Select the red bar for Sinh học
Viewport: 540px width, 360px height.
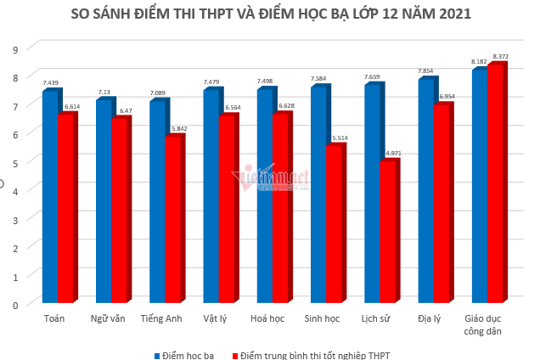(333, 224)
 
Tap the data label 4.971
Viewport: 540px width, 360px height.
(393, 154)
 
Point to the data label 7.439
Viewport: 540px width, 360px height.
(51, 83)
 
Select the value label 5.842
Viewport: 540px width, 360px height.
(178, 129)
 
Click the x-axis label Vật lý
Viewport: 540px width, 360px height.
(216, 318)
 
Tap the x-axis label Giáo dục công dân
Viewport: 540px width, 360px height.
(485, 324)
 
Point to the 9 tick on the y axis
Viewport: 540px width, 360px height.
(14, 49)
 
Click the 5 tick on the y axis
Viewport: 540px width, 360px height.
(14, 162)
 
